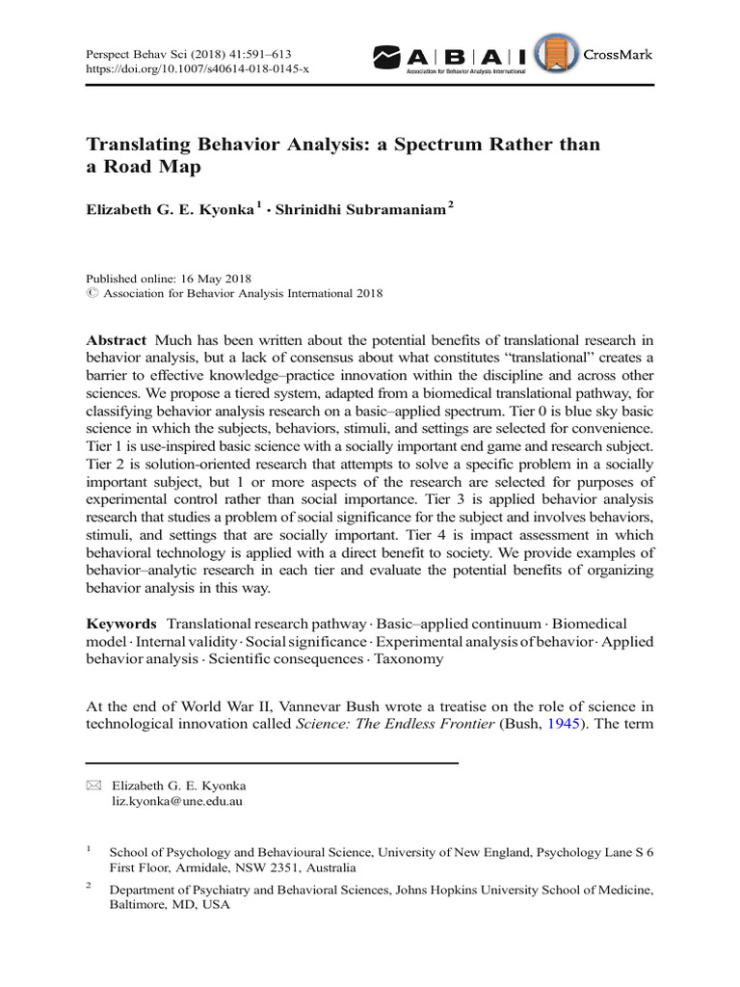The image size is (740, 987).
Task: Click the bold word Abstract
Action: coord(117,340)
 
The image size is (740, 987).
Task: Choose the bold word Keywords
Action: coord(122,625)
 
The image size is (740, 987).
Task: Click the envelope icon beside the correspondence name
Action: coord(92,786)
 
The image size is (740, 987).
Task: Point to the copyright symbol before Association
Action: coord(92,294)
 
